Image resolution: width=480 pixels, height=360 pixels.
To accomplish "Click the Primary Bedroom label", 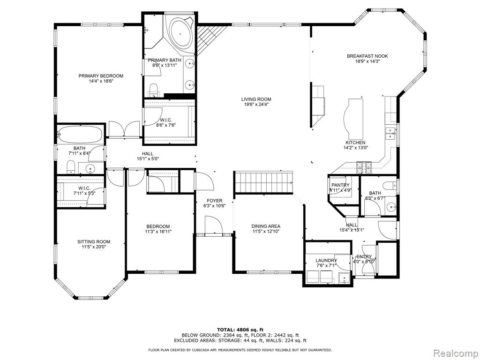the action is click(101, 76).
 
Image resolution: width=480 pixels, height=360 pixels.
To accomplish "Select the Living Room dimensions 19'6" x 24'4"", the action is click(256, 105).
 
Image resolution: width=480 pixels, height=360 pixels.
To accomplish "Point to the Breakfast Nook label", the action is click(367, 56).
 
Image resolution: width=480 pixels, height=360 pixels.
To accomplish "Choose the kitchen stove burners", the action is click(364, 167).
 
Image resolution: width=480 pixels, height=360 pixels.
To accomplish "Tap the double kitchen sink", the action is click(390, 133).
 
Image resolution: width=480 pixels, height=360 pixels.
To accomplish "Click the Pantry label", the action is click(340, 185).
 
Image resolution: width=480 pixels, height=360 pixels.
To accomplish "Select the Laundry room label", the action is click(326, 261).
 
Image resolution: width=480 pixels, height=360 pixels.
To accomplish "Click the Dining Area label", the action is click(266, 226).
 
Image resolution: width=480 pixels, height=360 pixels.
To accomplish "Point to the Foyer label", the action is click(214, 201).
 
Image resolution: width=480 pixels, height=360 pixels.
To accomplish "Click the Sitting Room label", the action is click(94, 241).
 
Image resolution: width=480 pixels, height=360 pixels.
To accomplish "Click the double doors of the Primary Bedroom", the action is click(124, 128).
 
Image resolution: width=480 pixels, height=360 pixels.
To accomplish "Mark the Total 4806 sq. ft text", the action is click(240, 330).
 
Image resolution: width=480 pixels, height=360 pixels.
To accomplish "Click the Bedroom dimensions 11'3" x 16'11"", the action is click(158, 232).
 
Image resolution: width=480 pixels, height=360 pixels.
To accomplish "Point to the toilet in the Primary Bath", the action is click(153, 89).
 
